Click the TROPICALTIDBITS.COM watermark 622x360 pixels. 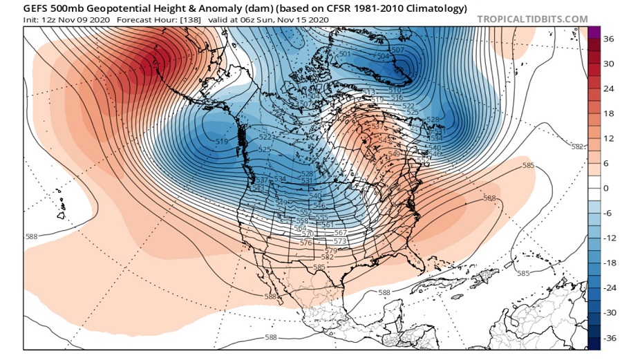pyautogui.click(x=532, y=19)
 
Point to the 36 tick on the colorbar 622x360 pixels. pyautogui.click(x=608, y=39)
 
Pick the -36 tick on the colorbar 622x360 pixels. pyautogui.click(x=608, y=338)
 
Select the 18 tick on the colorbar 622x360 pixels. pyautogui.click(x=608, y=114)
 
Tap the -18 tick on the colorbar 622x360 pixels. pyautogui.click(x=608, y=263)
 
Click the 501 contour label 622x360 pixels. pyautogui.click(x=345, y=54)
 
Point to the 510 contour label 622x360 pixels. pyautogui.click(x=395, y=91)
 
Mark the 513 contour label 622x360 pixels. pyautogui.click(x=368, y=93)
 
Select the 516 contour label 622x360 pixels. pyautogui.click(x=396, y=98)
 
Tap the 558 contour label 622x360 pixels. pyautogui.click(x=301, y=221)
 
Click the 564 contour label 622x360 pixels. pyautogui.click(x=300, y=229)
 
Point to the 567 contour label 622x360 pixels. pyautogui.click(x=339, y=234)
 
